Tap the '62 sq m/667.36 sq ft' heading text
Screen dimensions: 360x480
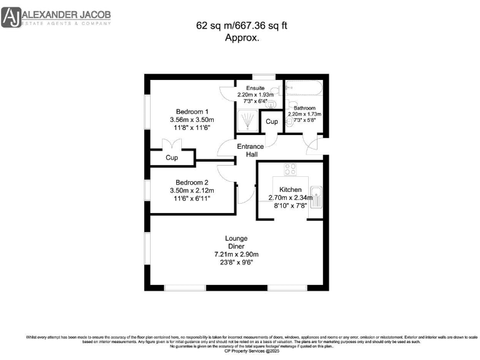pyautogui.click(x=242, y=26)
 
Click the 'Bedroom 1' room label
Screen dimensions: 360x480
pyautogui.click(x=192, y=111)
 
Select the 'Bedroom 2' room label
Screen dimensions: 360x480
pyautogui.click(x=192, y=182)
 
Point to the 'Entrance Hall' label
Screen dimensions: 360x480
pyautogui.click(x=250, y=151)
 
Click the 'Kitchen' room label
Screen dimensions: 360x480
pyautogui.click(x=291, y=189)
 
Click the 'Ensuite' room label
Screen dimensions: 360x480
pyautogui.click(x=255, y=87)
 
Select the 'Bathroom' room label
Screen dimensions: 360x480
pyautogui.click(x=304, y=107)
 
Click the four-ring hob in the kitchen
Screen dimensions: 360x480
pyautogui.click(x=291, y=169)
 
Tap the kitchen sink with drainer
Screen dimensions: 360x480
pyautogui.click(x=316, y=197)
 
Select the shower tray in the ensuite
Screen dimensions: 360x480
pyautogui.click(x=249, y=121)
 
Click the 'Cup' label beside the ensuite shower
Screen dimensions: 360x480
pyautogui.click(x=271, y=122)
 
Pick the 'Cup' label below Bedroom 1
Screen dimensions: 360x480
pyautogui.click(x=172, y=158)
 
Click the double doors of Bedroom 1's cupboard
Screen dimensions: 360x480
pyautogui.click(x=172, y=145)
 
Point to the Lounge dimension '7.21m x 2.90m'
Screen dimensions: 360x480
pyautogui.click(x=236, y=254)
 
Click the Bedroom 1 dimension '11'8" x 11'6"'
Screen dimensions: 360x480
pyautogui.click(x=192, y=127)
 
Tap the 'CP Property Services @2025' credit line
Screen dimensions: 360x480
pyautogui.click(x=241, y=352)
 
